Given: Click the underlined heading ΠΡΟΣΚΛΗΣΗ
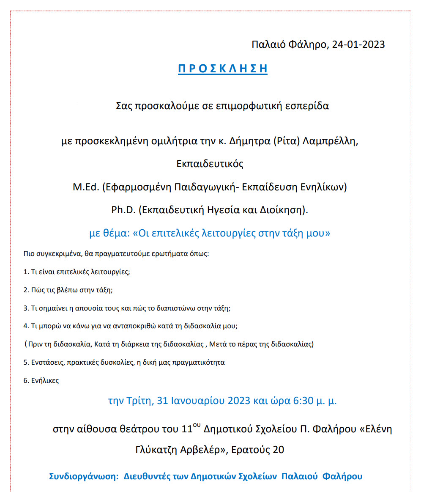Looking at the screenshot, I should click(222, 69).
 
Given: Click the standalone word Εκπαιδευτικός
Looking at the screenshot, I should click(210, 164).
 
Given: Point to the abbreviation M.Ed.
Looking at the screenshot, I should click(86, 187).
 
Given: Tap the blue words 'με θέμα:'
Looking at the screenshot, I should click(109, 233).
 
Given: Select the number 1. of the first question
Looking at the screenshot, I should click(26, 272).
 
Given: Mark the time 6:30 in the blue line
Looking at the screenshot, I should click(303, 400).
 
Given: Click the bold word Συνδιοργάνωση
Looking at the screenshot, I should click(84, 476).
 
